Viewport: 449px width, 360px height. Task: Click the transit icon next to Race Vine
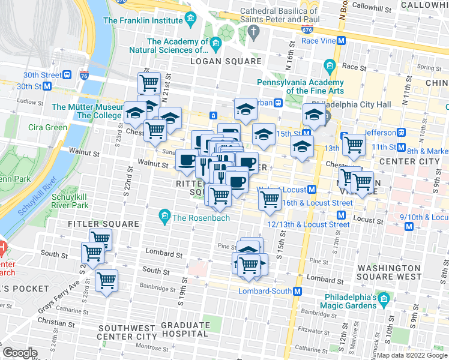pos(342,41)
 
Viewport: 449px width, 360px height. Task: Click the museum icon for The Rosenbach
pos(164,215)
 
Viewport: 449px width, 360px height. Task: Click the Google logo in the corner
pos(20,353)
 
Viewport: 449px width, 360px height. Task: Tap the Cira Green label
pos(47,127)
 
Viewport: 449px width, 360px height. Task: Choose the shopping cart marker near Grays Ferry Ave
pos(106,280)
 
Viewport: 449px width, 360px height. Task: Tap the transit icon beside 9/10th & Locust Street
pos(409,226)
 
